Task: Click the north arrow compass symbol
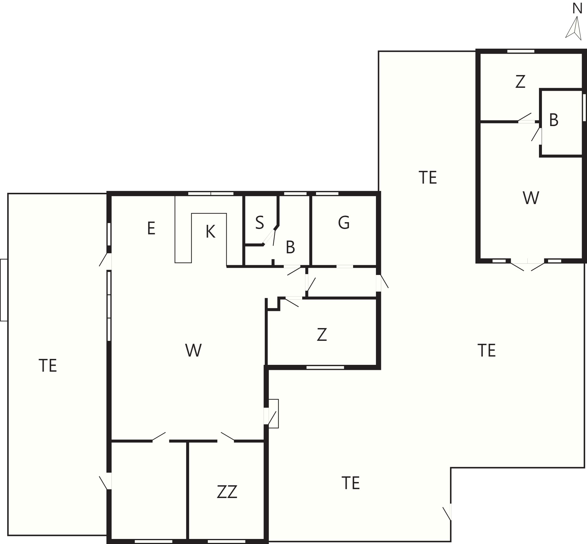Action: [x=574, y=28]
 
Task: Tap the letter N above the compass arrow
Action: [x=577, y=9]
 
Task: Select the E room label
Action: [x=151, y=229]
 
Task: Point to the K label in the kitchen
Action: [x=210, y=232]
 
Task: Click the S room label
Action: [x=259, y=222]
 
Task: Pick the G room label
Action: [x=344, y=223]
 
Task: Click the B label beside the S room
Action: [x=290, y=247]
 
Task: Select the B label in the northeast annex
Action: [x=554, y=120]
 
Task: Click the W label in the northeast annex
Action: [x=531, y=198]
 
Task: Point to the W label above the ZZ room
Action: [x=193, y=350]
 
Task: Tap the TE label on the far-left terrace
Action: [x=48, y=365]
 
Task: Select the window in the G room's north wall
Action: [x=327, y=194]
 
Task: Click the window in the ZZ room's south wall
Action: [x=226, y=542]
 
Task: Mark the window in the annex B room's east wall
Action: [x=584, y=107]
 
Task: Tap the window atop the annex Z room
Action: [x=521, y=51]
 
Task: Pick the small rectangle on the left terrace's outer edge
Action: [x=4, y=290]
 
